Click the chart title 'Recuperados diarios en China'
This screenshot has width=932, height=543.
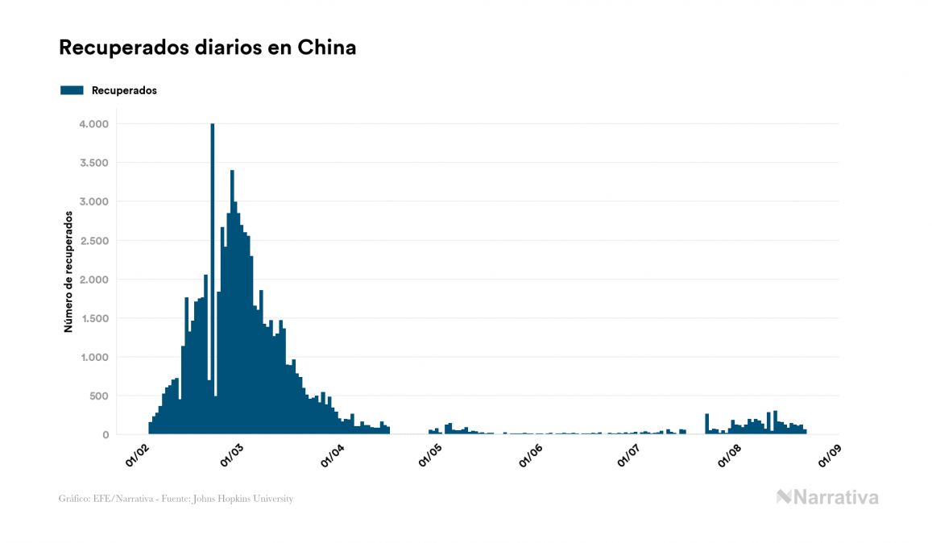pos(208,48)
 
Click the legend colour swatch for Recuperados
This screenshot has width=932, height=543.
pos(72,90)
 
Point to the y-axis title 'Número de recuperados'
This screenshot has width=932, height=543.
pos(69,271)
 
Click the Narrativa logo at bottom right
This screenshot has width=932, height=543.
pos(827,497)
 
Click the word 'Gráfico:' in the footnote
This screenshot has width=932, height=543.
pos(74,499)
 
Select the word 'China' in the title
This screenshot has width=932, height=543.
pos(327,48)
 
